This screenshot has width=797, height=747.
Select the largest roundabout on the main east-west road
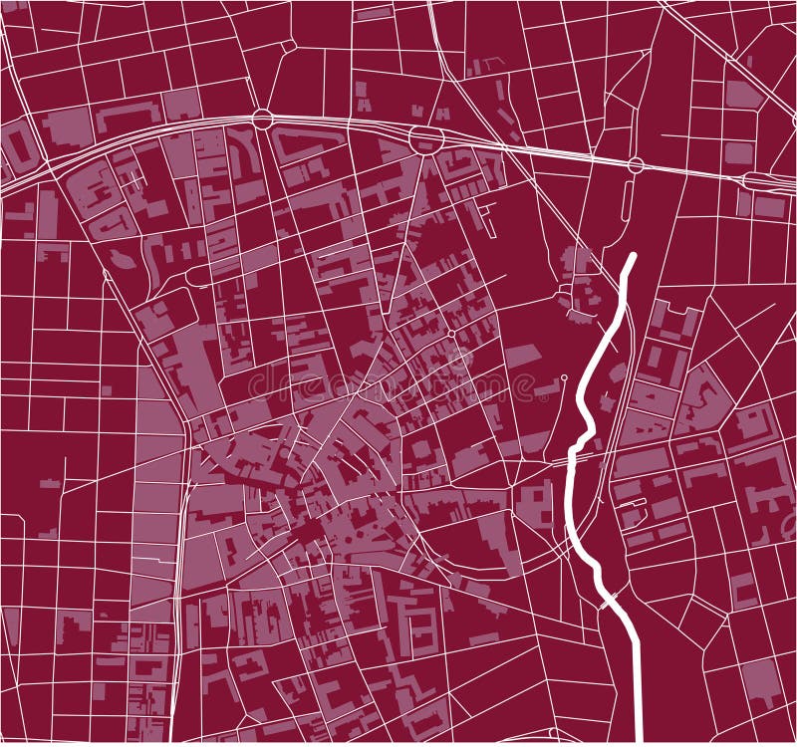coord(428,138)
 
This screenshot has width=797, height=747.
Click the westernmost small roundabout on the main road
coord(262,119)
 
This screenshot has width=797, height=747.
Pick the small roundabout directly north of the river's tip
coord(635,164)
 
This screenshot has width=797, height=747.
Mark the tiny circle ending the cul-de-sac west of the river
coord(564,377)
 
